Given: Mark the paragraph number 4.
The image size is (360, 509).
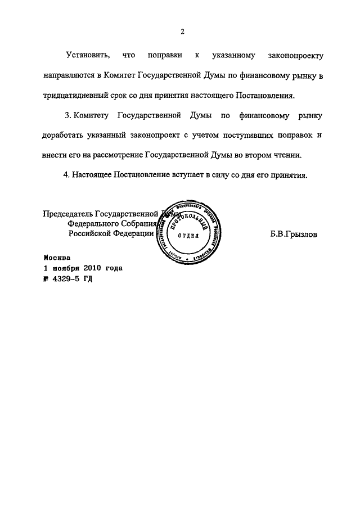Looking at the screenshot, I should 66,175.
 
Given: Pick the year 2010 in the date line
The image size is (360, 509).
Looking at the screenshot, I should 91,268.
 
